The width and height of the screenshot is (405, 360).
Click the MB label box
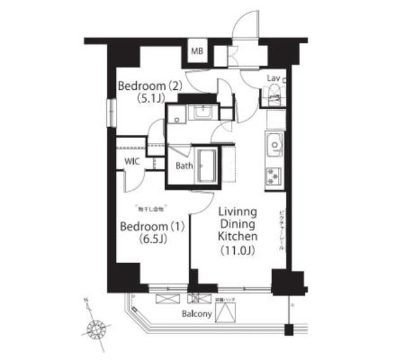point(197,52)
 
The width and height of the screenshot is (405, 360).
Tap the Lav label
point(273,78)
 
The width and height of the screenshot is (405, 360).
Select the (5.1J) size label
point(151,98)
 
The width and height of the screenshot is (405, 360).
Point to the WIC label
point(132,161)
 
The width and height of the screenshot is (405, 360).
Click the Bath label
point(184,166)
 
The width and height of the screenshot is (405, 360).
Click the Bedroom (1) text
point(151,227)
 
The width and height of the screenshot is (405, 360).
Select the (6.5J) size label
point(151,239)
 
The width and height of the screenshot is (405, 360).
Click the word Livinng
point(237,211)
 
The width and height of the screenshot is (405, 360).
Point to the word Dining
point(237,223)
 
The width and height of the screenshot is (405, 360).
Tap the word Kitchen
point(237,236)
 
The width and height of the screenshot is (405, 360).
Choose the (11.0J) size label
point(237,250)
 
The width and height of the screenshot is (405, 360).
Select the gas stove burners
point(274,175)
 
